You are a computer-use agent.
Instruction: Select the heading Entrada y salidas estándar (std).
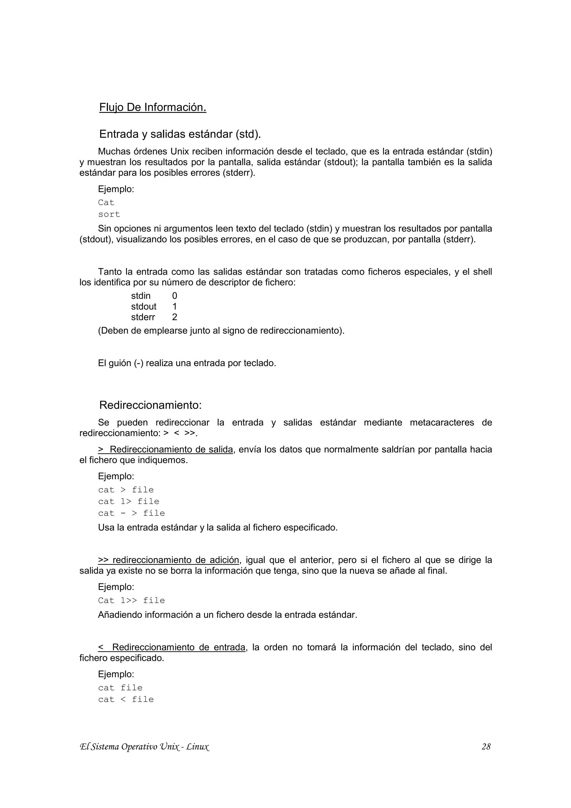click(x=180, y=134)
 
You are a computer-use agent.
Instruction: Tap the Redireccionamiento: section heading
click(x=150, y=405)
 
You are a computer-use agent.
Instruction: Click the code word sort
click(x=109, y=214)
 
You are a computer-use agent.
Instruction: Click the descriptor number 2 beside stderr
click(x=175, y=317)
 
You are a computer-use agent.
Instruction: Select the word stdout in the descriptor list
click(x=144, y=306)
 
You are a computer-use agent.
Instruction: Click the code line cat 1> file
click(x=129, y=502)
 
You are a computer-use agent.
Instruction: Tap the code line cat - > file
click(x=131, y=513)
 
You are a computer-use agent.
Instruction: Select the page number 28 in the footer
click(x=486, y=746)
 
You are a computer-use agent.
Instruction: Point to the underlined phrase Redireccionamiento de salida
click(x=171, y=449)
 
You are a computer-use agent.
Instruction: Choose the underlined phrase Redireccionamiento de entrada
click(x=178, y=647)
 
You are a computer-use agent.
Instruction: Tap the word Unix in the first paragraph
click(x=180, y=152)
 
